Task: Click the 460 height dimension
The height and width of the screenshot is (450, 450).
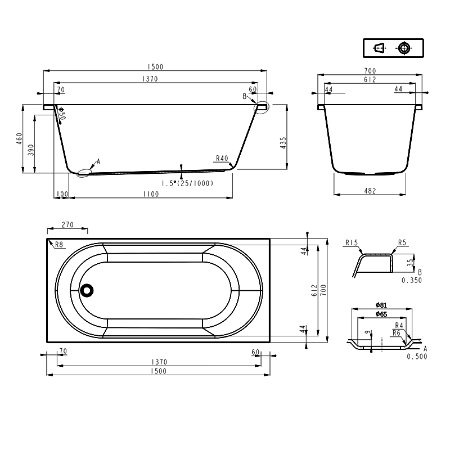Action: (19, 138)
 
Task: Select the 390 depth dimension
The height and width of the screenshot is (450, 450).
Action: (31, 150)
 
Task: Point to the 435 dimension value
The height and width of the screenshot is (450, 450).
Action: (283, 143)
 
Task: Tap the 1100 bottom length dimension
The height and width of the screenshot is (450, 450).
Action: (151, 194)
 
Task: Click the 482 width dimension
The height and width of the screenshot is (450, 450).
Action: (370, 191)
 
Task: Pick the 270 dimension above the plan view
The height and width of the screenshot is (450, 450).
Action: (67, 225)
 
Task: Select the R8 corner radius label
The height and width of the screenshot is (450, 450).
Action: (57, 244)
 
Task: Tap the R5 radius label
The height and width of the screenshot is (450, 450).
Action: (402, 243)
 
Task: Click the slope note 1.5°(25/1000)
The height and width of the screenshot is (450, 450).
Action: (187, 183)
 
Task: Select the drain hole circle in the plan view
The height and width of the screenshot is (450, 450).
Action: (87, 290)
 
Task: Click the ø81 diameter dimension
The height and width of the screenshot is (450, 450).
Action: (381, 305)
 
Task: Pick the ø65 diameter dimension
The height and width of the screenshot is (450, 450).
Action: (381, 314)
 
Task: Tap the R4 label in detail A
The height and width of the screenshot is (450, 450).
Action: (399, 325)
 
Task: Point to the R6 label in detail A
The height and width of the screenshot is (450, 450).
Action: (396, 333)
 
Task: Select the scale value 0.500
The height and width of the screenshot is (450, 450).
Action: (416, 357)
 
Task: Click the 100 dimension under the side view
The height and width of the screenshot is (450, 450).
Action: (62, 194)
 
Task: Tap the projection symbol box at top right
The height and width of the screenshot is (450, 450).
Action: (392, 48)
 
